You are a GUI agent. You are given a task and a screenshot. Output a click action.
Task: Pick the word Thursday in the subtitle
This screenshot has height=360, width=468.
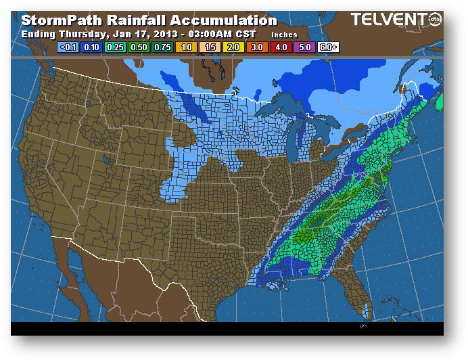click(x=86, y=33)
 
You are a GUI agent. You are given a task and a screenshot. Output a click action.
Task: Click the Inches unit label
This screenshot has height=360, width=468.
click(x=285, y=34)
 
